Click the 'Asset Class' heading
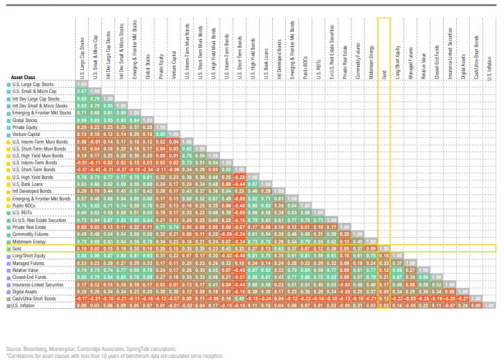click(x=25, y=77)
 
